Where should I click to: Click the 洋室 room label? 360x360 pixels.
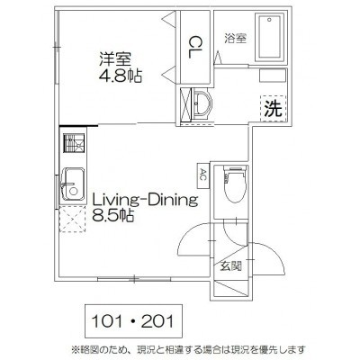tap(115, 59)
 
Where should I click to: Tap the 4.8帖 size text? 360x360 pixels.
tap(120, 76)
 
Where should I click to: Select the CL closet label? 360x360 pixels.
tap(195, 47)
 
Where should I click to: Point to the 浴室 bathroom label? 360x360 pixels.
tap(236, 39)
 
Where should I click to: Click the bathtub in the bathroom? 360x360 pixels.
tap(269, 37)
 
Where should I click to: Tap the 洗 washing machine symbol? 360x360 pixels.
tap(274, 109)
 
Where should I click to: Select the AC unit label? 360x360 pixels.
tap(202, 175)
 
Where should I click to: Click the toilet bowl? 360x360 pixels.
tap(235, 185)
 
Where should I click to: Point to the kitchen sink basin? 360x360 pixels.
tap(73, 184)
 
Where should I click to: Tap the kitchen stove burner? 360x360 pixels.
tap(74, 143)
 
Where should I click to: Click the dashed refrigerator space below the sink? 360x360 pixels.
tap(73, 220)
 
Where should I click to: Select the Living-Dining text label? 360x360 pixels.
tap(145, 200)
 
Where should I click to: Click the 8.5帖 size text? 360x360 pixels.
tap(112, 216)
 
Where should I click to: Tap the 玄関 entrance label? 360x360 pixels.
tap(231, 265)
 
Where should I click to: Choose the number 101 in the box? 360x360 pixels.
tap(107, 321)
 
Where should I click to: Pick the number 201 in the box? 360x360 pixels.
tap(157, 321)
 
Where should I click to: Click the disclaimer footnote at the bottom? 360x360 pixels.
tap(188, 350)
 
